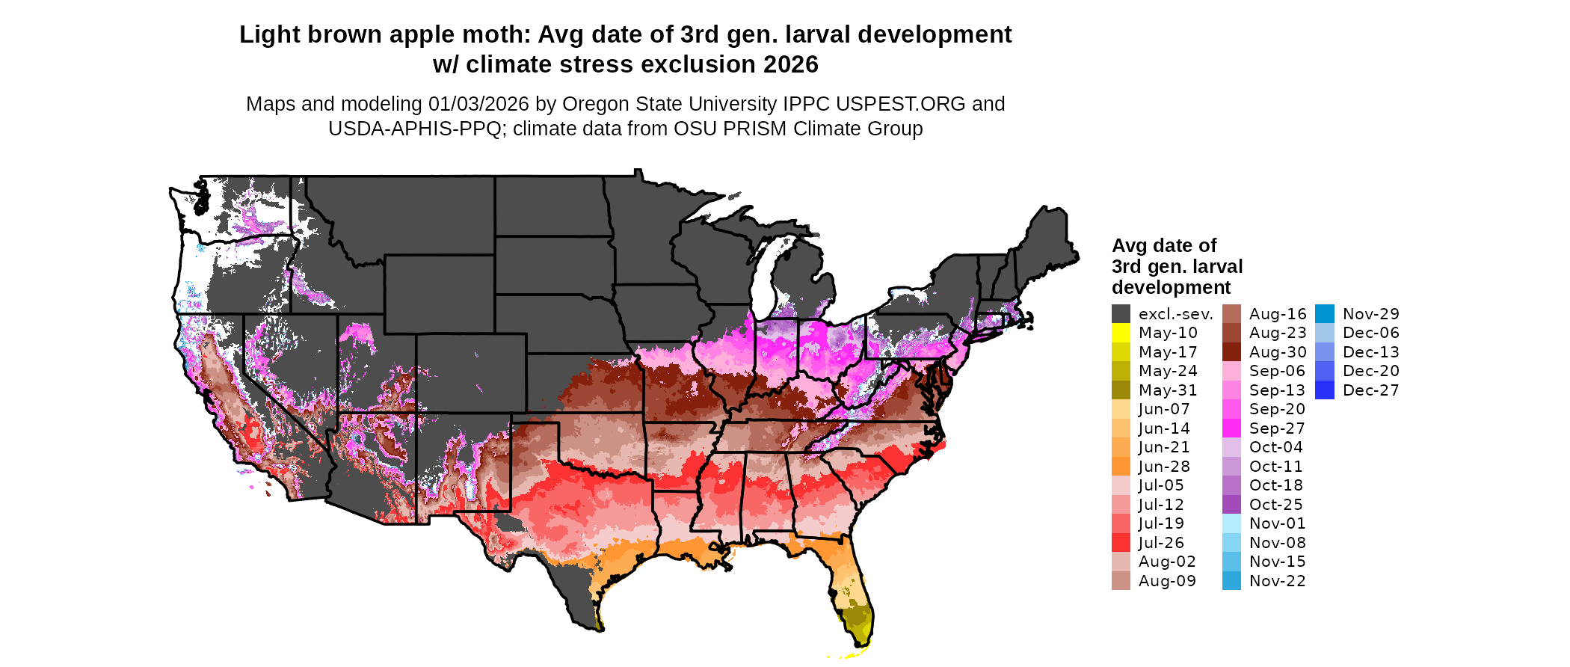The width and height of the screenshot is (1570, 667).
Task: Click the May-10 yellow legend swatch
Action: pos(1121,333)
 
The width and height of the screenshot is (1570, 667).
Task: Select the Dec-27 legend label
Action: pos(1370,390)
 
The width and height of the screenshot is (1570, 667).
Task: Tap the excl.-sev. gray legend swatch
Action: pos(1121,314)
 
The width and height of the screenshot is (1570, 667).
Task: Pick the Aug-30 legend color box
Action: pos(1231,352)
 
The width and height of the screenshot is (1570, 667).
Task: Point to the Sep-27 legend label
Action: pos(1277,428)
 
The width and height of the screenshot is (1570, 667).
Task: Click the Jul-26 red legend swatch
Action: pos(1121,543)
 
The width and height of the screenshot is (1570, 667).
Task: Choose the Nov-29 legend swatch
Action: pos(1324,314)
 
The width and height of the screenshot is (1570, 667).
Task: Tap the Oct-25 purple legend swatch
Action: pos(1231,505)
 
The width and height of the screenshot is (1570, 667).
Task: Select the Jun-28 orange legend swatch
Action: pos(1121,467)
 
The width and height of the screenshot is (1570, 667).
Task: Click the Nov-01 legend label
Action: pos(1277,523)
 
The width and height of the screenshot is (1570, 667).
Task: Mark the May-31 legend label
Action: pos(1167,390)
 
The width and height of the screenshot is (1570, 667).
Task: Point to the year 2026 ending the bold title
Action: pos(791,65)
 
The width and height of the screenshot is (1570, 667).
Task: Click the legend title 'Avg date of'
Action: pos(1163,246)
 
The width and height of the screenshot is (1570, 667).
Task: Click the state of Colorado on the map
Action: pos(471,374)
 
